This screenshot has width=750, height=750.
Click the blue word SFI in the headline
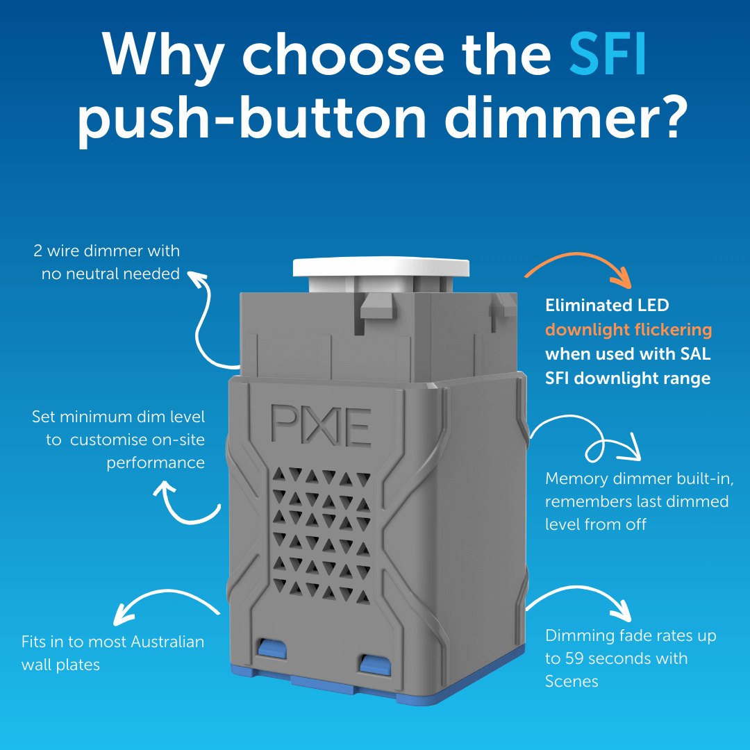tap(608, 54)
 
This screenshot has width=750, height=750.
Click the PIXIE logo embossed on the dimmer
tap(321, 425)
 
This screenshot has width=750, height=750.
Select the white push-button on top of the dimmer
tap(381, 268)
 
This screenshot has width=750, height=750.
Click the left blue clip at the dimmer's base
tap(272, 648)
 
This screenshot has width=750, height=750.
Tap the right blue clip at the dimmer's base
tap(376, 665)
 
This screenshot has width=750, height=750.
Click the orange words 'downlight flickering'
tap(628, 330)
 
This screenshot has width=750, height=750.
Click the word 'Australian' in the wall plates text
tap(167, 642)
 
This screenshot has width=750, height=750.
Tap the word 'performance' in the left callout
tap(156, 463)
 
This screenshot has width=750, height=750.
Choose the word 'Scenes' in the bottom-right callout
tap(572, 681)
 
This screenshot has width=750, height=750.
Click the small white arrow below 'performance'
tap(187, 517)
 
